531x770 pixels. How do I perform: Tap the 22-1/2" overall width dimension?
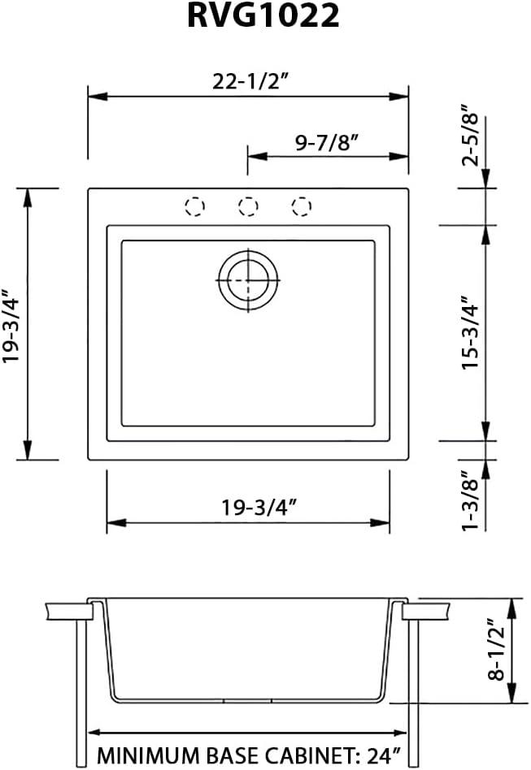point(248,82)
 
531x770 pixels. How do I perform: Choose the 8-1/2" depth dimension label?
point(492,651)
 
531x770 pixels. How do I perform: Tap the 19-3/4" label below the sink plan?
point(248,508)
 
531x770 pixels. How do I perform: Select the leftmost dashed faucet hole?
point(195,206)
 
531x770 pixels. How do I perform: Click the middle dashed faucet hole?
point(248,206)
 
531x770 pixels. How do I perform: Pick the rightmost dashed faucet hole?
point(301,206)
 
